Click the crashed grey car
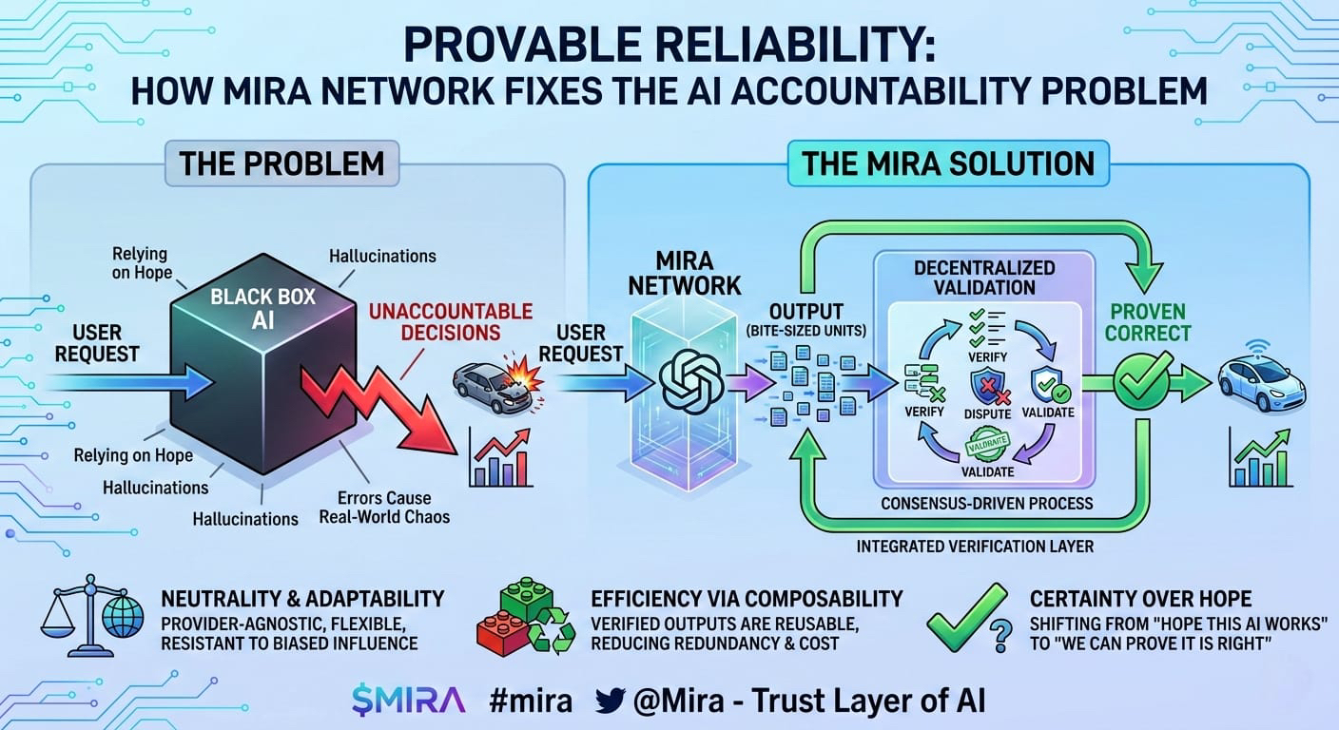tap(491, 386)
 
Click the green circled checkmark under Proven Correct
tap(1142, 383)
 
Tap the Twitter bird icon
tap(611, 701)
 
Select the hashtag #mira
tap(531, 701)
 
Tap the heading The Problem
tap(281, 163)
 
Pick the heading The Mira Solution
tap(948, 163)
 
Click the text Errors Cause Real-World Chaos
tap(384, 508)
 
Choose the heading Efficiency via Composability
tap(747, 599)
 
